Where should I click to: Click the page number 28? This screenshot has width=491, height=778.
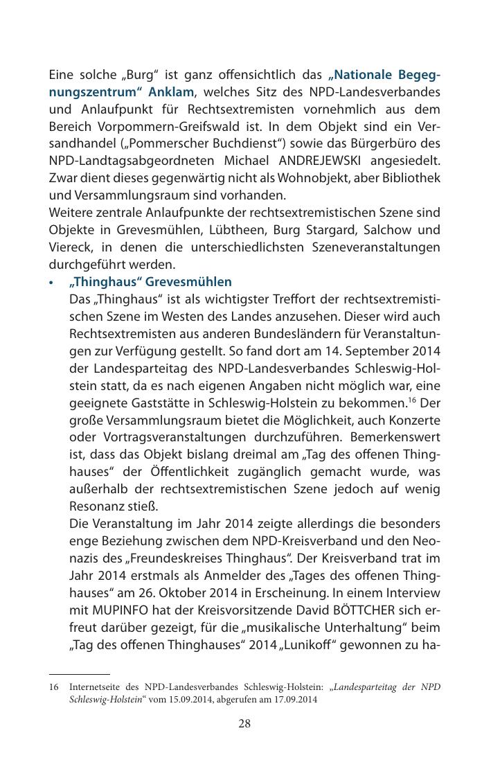pos(244,724)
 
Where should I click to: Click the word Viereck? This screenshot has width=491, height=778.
pos(68,247)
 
